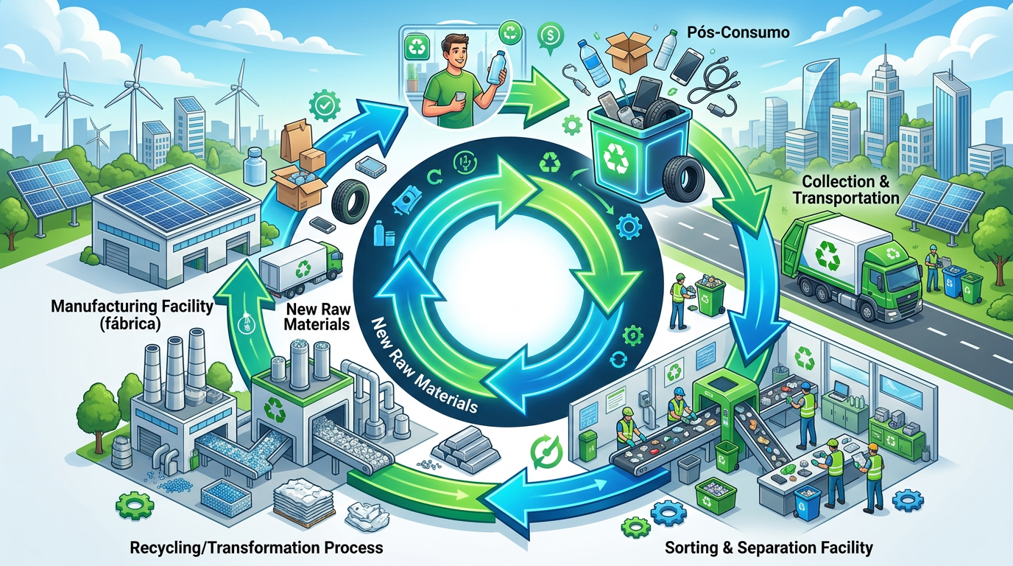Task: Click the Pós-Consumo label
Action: pyautogui.click(x=738, y=32)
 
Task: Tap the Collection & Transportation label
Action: pyautogui.click(x=846, y=189)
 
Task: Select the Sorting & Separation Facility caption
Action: pyautogui.click(x=769, y=548)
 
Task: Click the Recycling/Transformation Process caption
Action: pyautogui.click(x=256, y=548)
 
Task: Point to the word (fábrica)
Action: pyautogui.click(x=132, y=324)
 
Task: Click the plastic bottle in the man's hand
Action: pyautogui.click(x=496, y=67)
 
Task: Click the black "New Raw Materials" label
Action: pyautogui.click(x=318, y=317)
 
